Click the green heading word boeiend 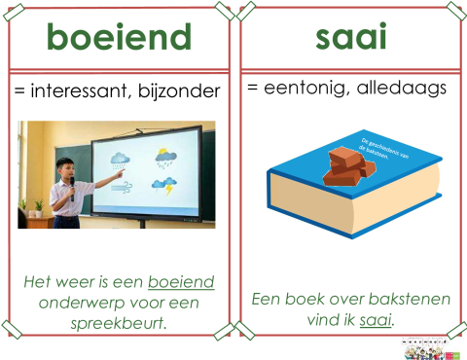tap(119, 39)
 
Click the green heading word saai tap(350, 37)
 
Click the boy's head tap(65, 166)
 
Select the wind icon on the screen tap(122, 185)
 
